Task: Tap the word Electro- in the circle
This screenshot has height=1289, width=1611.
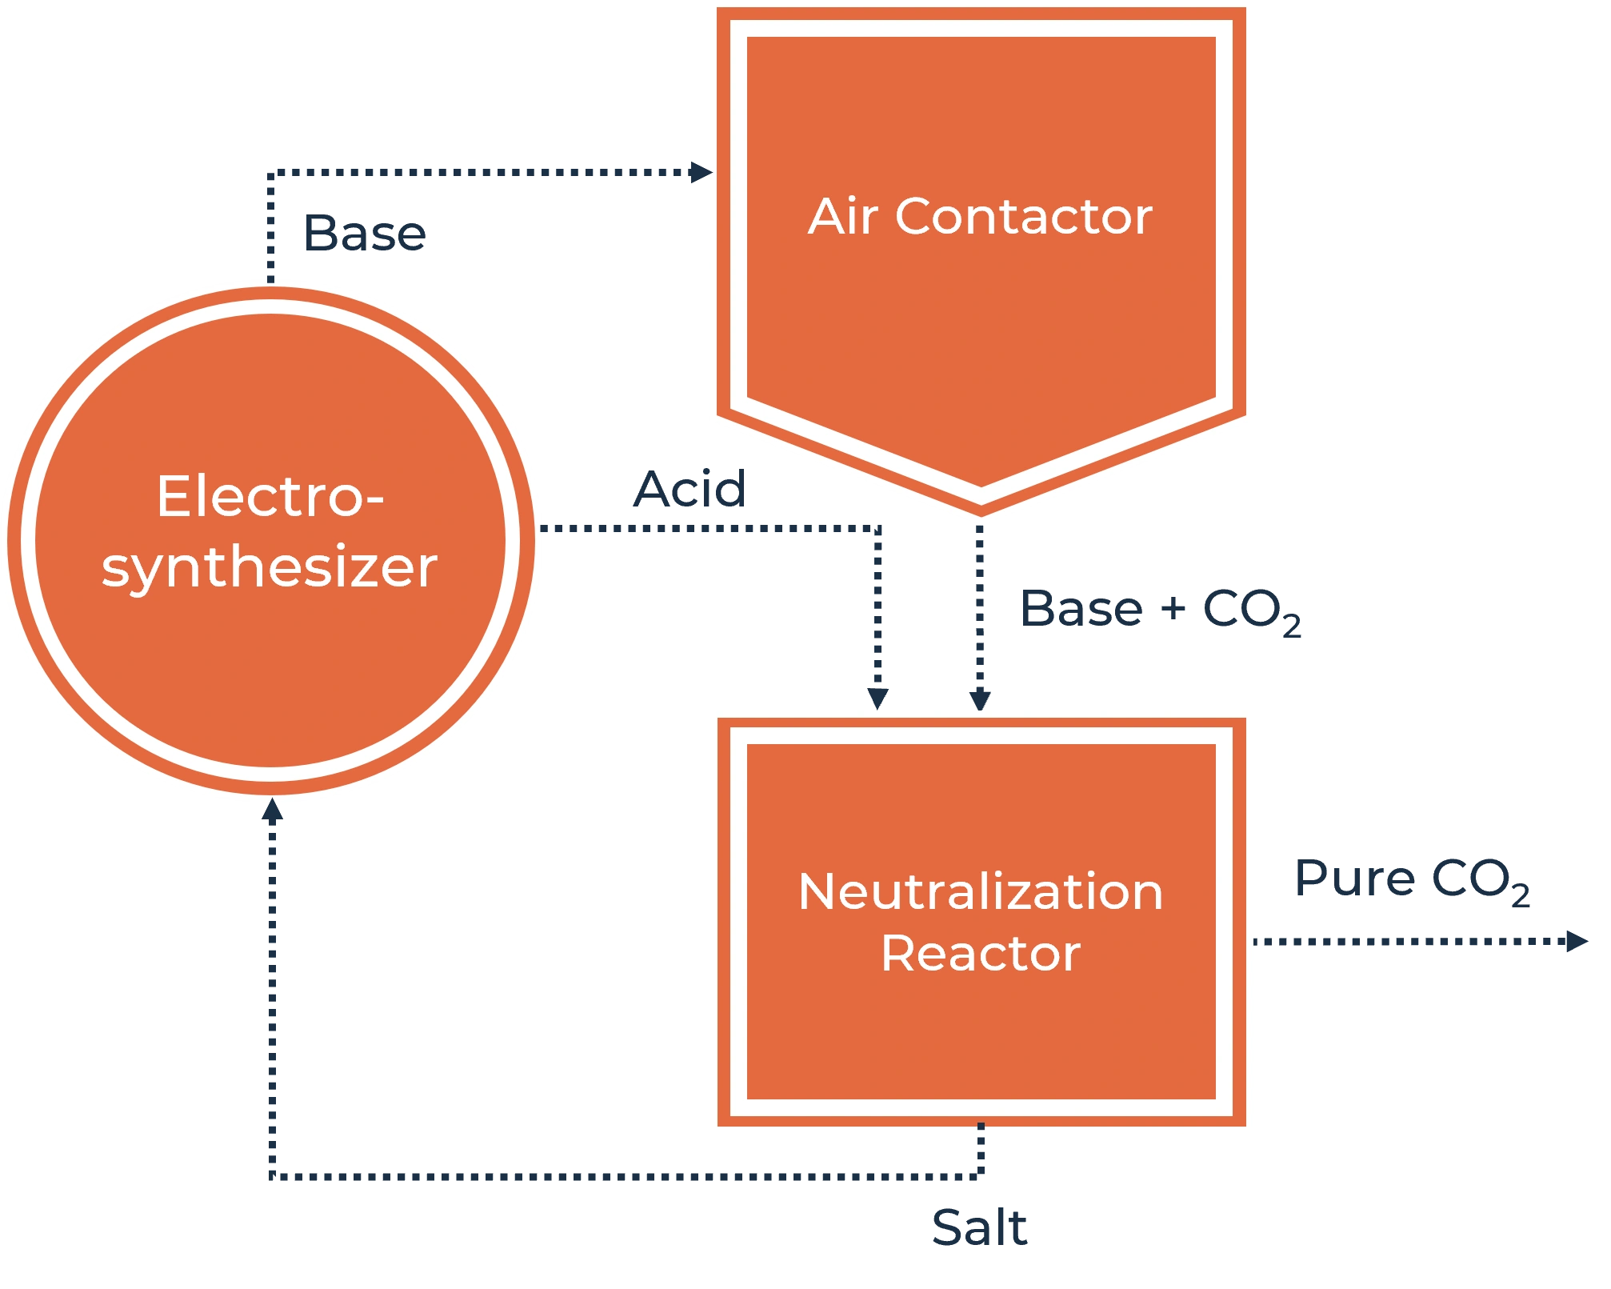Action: (x=270, y=497)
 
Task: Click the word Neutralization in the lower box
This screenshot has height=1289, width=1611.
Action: (x=981, y=891)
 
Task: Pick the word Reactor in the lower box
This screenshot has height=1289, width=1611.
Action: (x=981, y=954)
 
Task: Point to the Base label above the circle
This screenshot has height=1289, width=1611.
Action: (x=364, y=234)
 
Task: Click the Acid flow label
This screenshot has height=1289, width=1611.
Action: (x=690, y=490)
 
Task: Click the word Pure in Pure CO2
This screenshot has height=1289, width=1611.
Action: (x=1353, y=878)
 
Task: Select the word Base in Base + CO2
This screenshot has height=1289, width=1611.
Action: (x=1081, y=609)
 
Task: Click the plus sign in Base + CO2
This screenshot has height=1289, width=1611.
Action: (x=1173, y=609)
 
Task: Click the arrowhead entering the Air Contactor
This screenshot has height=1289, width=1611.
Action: (x=701, y=172)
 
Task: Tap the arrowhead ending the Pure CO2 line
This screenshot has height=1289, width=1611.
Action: (x=1574, y=942)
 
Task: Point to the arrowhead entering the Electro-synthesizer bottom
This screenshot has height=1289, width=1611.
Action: (x=274, y=811)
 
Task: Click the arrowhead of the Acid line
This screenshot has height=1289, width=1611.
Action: (x=877, y=696)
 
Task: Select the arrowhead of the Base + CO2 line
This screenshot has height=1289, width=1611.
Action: (x=980, y=696)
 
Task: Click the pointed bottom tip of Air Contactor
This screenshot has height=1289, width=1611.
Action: (x=981, y=512)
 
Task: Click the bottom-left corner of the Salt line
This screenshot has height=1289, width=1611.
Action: (x=274, y=1178)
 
